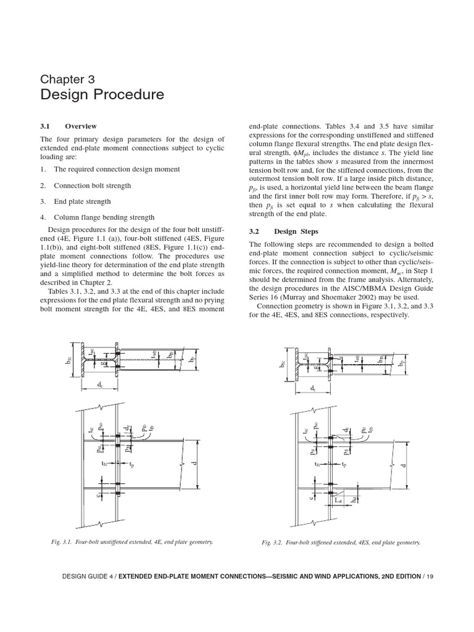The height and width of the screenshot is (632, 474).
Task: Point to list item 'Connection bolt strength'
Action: point(92,185)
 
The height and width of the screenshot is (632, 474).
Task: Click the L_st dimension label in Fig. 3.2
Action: point(338,502)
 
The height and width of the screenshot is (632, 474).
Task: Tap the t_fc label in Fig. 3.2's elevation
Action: point(317,463)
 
